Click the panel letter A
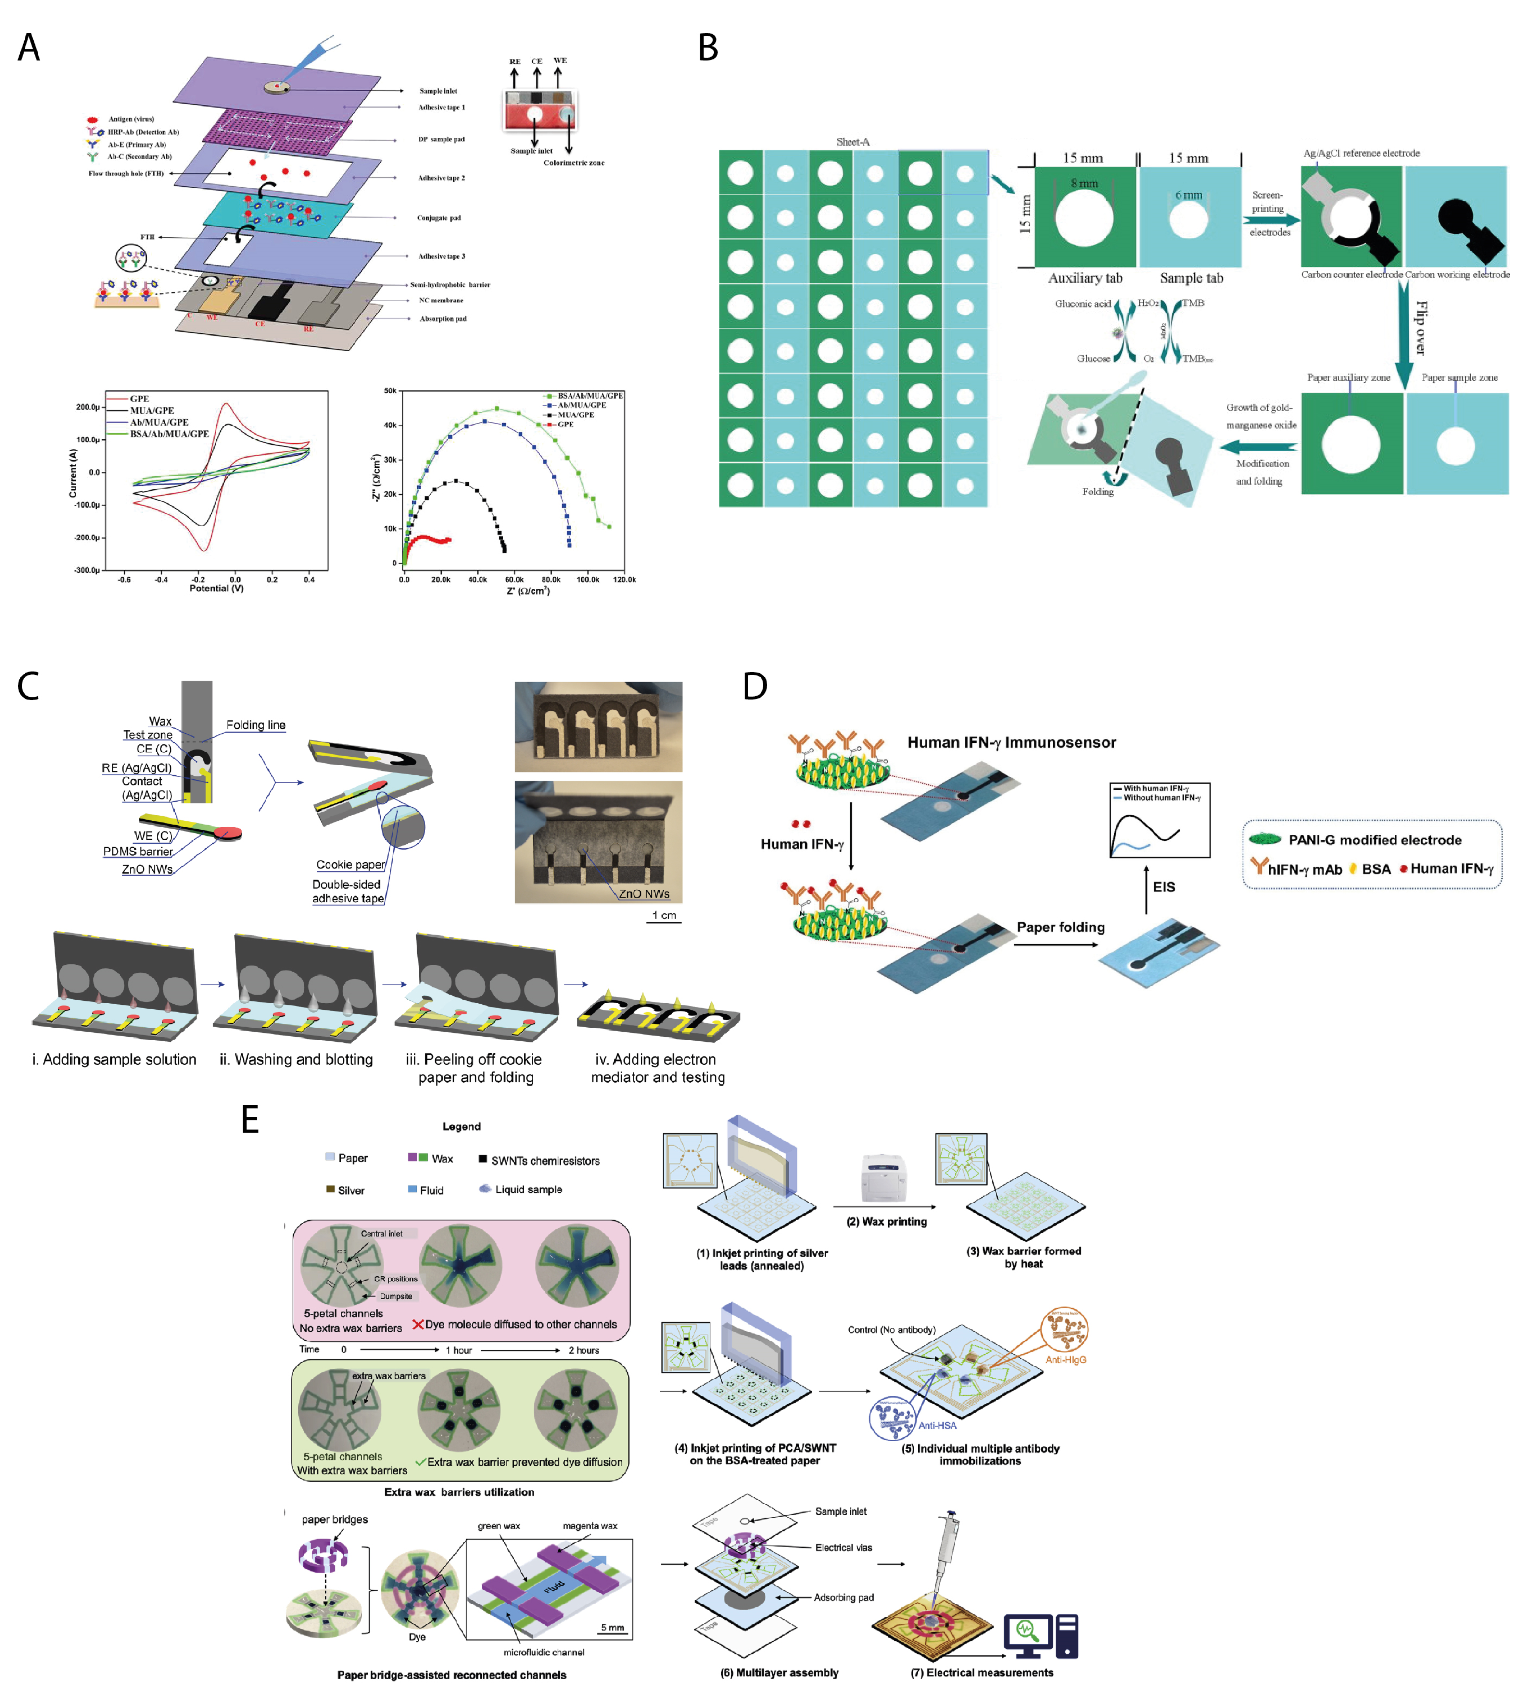[x=28, y=48]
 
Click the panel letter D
[x=755, y=687]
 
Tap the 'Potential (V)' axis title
[x=216, y=589]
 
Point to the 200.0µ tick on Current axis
[x=88, y=407]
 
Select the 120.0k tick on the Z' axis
[x=624, y=579]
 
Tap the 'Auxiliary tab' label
[x=1084, y=278]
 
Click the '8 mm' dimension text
[x=1084, y=183]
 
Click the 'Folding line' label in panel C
[x=255, y=725]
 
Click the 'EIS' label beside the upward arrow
[x=1163, y=887]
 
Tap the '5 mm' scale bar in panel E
[x=612, y=1628]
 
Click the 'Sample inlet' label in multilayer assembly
[x=840, y=1512]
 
